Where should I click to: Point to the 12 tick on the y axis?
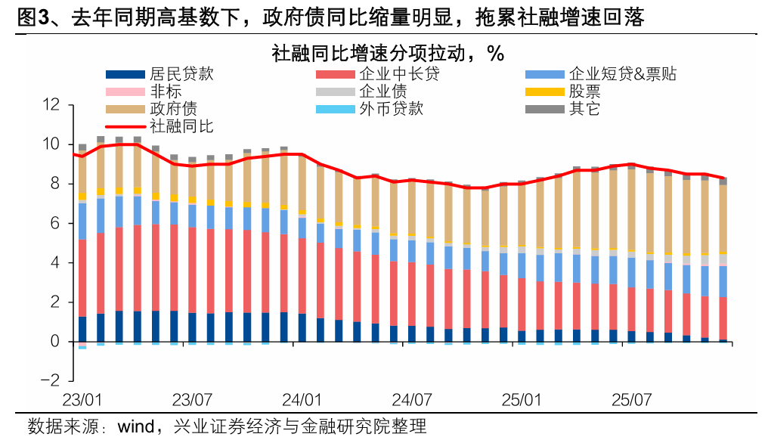pos(51,104)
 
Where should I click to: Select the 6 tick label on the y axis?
pos(55,223)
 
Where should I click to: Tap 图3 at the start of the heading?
pos(31,17)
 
